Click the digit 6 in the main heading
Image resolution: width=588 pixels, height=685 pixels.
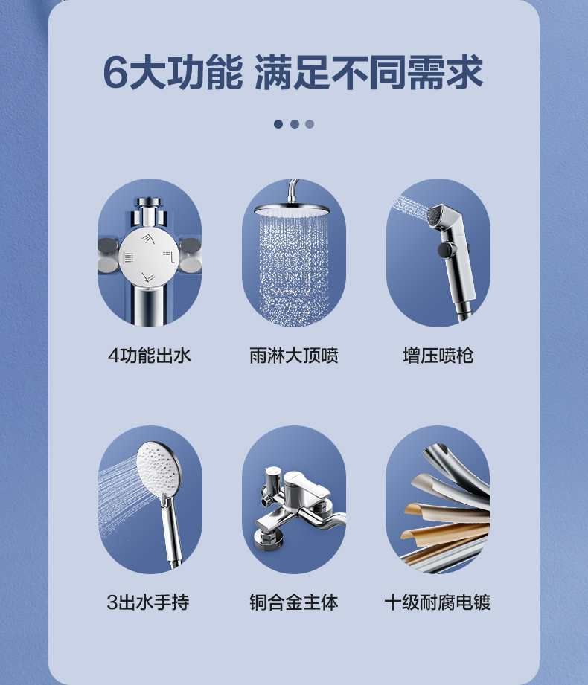point(115,72)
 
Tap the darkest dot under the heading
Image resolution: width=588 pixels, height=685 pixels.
point(278,124)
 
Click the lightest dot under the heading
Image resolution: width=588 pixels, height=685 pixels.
point(310,124)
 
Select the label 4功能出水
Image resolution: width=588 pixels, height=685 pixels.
point(150,356)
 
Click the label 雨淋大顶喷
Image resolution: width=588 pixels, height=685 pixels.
point(294,356)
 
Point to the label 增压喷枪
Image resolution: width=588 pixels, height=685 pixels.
point(438,356)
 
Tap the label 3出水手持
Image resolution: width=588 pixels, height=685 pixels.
point(148,602)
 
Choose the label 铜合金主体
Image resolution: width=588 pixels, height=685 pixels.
point(294,602)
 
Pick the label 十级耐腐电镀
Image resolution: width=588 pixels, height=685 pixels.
point(438,602)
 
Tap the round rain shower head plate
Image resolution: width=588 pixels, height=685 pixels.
point(292,210)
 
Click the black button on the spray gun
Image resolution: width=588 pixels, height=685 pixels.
point(444,250)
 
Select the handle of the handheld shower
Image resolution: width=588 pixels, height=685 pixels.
point(172,533)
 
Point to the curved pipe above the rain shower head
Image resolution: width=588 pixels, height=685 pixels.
point(293,190)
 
